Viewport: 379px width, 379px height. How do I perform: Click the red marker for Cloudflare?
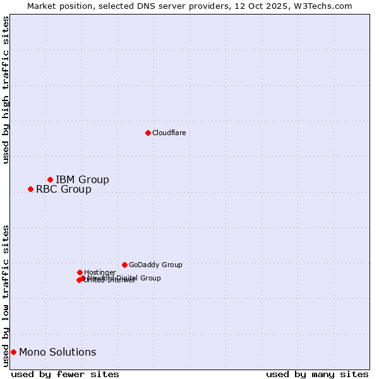[x=148, y=133]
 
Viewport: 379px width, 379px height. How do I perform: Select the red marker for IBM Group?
[x=50, y=180]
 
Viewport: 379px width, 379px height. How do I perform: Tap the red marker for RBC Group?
[x=30, y=189]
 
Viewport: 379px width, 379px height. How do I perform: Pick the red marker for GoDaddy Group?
[x=124, y=265]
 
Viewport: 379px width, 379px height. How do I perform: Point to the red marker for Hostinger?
[x=80, y=272]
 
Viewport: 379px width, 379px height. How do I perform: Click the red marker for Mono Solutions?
[x=13, y=352]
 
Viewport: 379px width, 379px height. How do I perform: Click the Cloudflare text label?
[x=169, y=133]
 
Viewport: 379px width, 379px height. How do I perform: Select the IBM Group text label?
[x=82, y=180]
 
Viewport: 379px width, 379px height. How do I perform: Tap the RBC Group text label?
[x=63, y=189]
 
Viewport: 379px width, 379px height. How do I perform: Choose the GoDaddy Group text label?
[x=155, y=265]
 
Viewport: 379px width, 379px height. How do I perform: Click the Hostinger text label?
[x=100, y=273]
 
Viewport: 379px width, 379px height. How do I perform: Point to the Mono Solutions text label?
[x=57, y=352]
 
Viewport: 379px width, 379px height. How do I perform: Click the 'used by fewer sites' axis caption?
[x=65, y=374]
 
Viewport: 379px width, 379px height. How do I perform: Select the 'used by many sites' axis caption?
[x=317, y=374]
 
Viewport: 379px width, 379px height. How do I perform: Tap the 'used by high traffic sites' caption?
[x=6, y=90]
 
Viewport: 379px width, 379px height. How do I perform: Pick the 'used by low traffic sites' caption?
[x=6, y=296]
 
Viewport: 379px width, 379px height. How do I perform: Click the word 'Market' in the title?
[x=42, y=6]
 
